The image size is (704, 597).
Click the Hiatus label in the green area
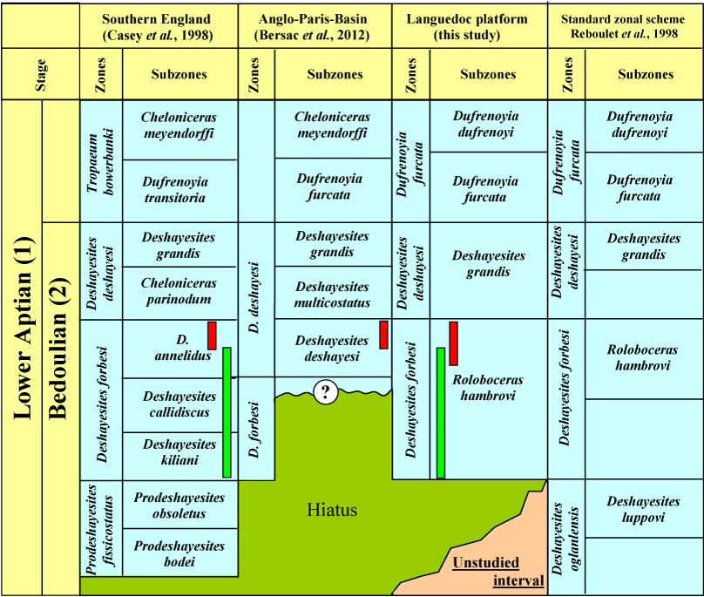[332, 510]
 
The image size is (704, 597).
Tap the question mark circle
[326, 392]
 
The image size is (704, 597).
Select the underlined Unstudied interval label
[498, 572]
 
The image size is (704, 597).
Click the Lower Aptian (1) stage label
[24, 328]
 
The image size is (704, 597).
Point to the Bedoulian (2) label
[59, 347]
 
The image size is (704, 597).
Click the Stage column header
[40, 75]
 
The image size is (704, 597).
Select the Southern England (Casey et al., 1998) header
[157, 27]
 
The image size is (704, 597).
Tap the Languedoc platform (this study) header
[467, 27]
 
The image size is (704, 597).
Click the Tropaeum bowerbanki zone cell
[100, 162]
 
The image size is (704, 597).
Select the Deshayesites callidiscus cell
[179, 404]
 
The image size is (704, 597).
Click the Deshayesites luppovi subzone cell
[643, 509]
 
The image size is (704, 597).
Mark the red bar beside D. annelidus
[212, 336]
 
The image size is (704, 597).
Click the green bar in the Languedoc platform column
[441, 413]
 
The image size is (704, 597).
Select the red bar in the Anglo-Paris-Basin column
[384, 335]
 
